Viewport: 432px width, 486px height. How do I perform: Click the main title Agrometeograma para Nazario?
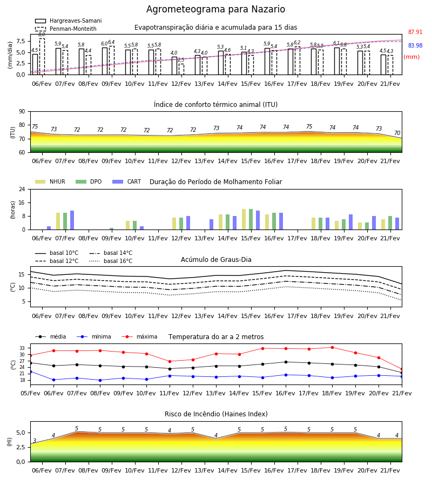tap(215, 9)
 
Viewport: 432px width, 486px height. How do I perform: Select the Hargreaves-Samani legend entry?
tap(69, 21)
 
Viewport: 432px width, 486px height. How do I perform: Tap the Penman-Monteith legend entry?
tap(66, 29)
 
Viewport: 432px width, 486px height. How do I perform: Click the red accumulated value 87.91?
tap(415, 32)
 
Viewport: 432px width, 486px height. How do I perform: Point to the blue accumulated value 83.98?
tap(415, 45)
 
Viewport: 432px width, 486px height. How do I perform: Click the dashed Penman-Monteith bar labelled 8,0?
tap(42, 56)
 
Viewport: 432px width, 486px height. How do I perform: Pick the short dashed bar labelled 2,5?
tap(181, 69)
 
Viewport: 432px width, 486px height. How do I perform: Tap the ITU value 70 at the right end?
tap(397, 133)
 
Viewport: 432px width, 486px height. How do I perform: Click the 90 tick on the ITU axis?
tap(22, 112)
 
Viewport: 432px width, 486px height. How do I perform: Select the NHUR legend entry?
tap(50, 181)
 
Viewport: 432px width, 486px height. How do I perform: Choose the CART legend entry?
tap(127, 181)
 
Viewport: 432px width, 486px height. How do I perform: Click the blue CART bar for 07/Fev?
tap(72, 220)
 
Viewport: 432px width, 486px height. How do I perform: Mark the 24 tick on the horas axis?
tap(22, 189)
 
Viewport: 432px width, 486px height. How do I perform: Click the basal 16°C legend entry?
tap(111, 261)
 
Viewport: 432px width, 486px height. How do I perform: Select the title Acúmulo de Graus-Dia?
tap(216, 259)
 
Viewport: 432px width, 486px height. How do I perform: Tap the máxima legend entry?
tap(140, 336)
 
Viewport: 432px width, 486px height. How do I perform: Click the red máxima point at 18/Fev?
tap(332, 347)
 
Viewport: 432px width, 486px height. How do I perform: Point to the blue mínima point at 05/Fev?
tap(31, 372)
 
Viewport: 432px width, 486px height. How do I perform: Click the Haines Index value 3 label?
tap(35, 441)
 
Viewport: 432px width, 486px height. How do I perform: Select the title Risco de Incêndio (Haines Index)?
tap(216, 414)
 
